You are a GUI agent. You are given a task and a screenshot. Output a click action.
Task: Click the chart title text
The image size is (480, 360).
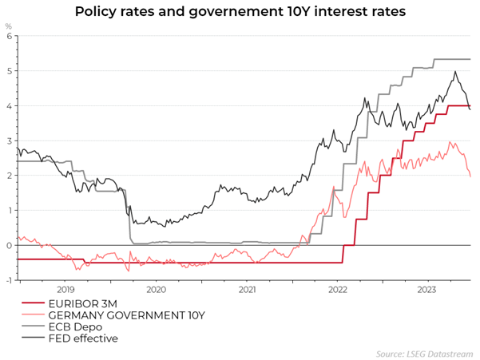[240, 12]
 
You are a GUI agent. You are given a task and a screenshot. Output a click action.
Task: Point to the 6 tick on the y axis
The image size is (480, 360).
[9, 36]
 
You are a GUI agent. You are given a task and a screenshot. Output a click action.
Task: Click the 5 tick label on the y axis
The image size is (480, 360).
[9, 71]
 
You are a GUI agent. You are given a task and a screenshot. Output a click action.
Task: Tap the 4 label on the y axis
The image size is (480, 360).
[9, 106]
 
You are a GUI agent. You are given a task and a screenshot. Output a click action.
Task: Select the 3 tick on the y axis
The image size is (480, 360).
[9, 140]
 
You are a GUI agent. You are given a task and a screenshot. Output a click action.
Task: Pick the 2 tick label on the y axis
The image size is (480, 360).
[9, 176]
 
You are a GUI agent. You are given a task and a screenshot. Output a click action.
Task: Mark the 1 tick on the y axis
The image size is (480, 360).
[9, 211]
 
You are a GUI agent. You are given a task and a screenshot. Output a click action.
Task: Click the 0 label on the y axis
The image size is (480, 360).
[9, 245]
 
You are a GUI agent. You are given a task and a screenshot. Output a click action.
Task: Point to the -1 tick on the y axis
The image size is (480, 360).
[8, 280]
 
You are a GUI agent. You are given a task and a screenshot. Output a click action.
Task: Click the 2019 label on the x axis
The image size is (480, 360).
[65, 290]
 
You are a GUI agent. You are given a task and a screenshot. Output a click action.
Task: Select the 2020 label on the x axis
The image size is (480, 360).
[156, 290]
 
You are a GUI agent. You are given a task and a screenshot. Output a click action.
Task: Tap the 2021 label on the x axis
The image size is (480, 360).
[247, 290]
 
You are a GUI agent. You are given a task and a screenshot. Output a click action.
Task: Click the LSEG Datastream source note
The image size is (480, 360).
[425, 353]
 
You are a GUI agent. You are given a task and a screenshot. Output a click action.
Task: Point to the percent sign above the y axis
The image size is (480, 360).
[9, 26]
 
